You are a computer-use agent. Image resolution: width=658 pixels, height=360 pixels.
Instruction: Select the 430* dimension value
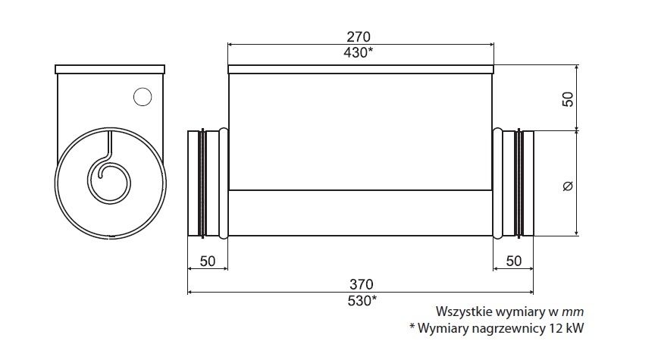coord(361,52)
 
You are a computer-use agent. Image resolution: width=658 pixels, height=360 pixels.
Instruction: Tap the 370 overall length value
coord(361,285)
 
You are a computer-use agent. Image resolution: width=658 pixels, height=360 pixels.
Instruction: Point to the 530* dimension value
coord(361,300)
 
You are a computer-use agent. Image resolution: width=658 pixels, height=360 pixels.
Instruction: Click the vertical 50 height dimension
coord(569,98)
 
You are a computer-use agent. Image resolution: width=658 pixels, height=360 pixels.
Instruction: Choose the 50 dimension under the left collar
coord(208,261)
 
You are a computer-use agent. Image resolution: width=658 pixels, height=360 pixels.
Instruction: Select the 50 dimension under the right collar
coord(513,261)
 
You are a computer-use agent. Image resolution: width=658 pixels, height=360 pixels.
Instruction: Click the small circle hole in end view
coord(142,96)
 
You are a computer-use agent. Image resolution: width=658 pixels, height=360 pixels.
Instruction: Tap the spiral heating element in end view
coord(108,179)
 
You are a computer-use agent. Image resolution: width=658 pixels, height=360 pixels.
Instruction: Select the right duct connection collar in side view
coord(513,183)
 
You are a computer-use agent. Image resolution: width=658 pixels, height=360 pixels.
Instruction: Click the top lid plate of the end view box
coord(110,69)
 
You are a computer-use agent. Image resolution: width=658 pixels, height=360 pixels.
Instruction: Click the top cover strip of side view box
coord(361,70)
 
